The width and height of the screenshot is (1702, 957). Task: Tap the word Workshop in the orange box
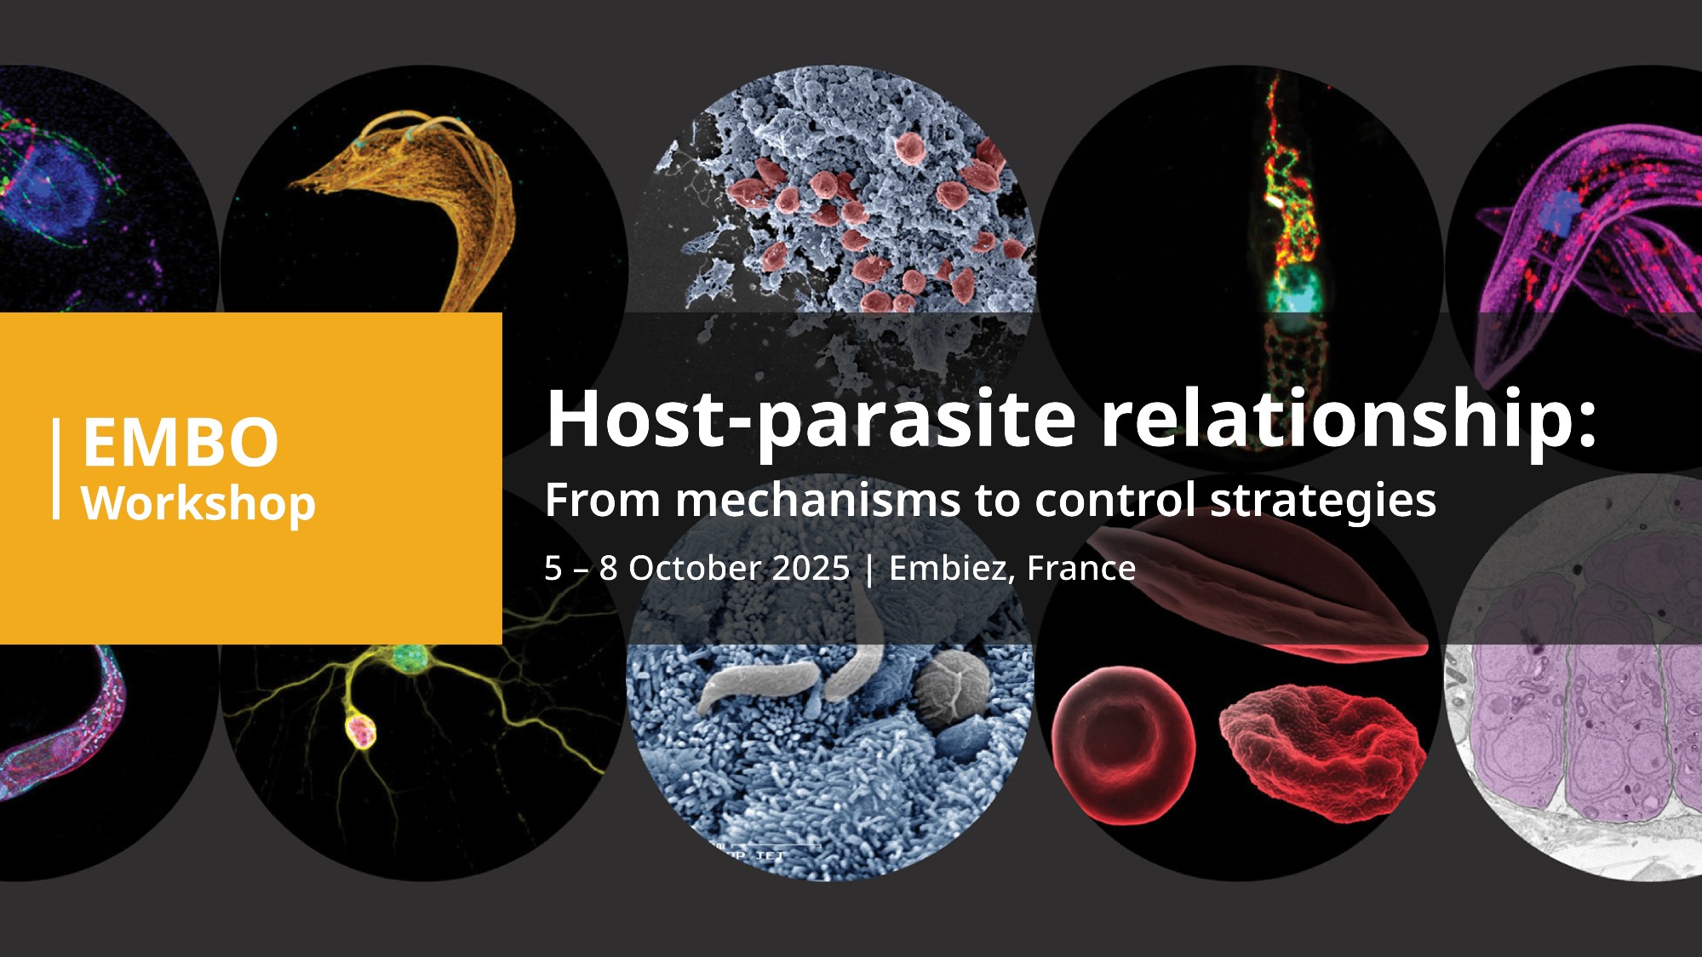point(198,503)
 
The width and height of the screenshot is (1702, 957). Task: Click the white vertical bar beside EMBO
point(56,468)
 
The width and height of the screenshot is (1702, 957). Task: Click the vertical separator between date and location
point(869,569)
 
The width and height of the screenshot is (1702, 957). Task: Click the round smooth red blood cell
point(1123,745)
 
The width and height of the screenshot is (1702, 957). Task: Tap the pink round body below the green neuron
point(360,731)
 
